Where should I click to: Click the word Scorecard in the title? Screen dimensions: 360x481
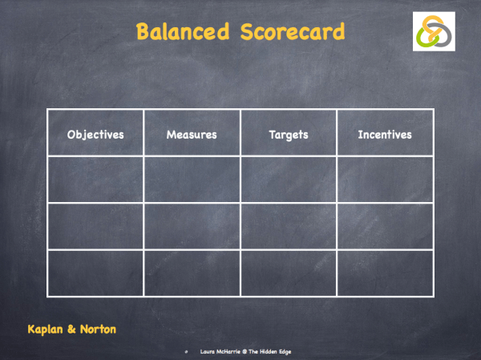click(292, 32)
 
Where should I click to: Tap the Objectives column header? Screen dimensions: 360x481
click(95, 134)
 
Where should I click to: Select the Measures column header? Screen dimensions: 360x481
click(192, 134)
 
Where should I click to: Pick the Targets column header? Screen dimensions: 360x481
click(289, 134)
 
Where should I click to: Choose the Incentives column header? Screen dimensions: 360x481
click(385, 134)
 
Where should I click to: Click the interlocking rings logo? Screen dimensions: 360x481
click(435, 32)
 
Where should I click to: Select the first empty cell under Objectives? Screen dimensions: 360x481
click(95, 179)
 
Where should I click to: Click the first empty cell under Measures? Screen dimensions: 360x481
click(192, 179)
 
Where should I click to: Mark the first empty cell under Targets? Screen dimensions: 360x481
click(289, 179)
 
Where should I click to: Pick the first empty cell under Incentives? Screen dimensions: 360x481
click(385, 179)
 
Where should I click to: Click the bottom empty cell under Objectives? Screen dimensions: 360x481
click(95, 273)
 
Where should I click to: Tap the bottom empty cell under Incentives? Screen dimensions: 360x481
click(385, 273)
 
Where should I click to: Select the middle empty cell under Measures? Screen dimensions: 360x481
click(192, 226)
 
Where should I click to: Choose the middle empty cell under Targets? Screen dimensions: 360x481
click(289, 226)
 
